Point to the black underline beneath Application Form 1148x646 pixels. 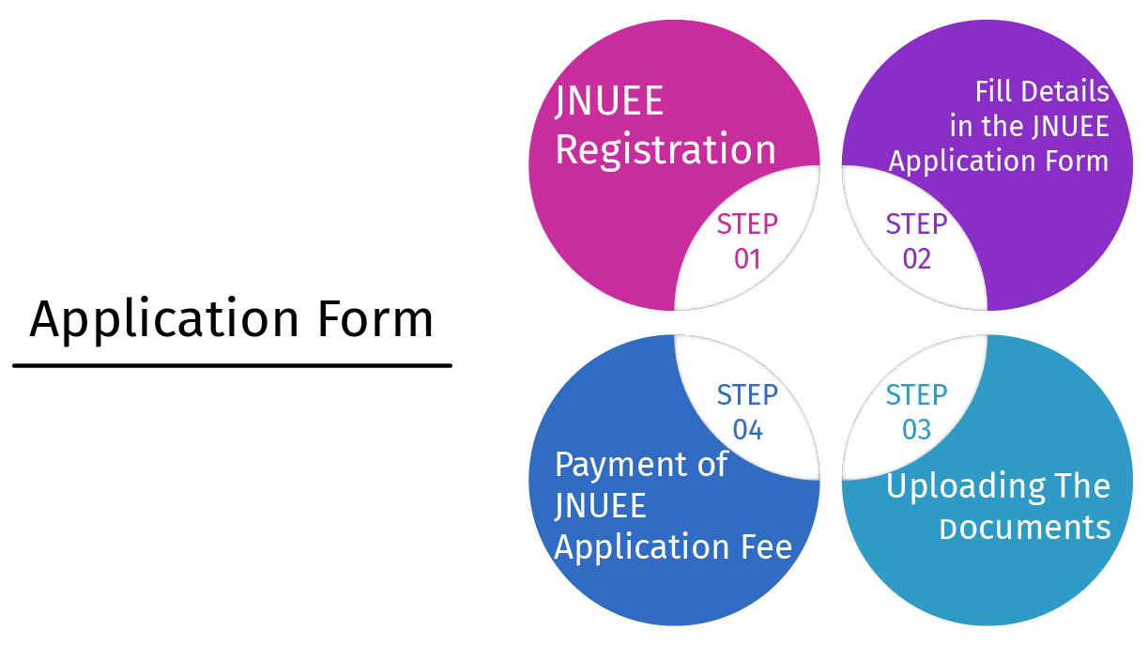pyautogui.click(x=232, y=365)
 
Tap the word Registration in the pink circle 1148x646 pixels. pyautogui.click(x=666, y=150)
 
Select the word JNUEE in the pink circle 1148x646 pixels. pyautogui.click(x=609, y=101)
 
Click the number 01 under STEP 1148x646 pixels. pyautogui.click(x=747, y=259)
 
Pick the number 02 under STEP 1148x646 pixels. pyautogui.click(x=916, y=259)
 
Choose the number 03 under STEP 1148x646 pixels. pyautogui.click(x=916, y=430)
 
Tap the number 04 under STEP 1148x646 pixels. pyautogui.click(x=747, y=430)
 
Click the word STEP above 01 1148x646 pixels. pyautogui.click(x=747, y=224)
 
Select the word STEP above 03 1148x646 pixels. pyautogui.click(x=916, y=394)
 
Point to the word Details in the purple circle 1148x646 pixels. pyautogui.click(x=1065, y=92)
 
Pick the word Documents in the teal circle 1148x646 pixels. pyautogui.click(x=1025, y=528)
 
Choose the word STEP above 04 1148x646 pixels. pyautogui.click(x=747, y=394)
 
